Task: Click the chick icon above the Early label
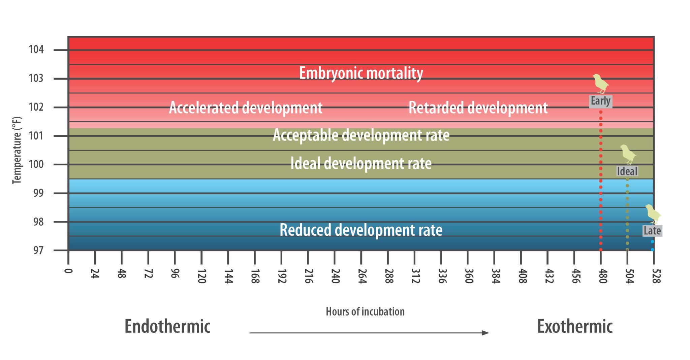click(600, 83)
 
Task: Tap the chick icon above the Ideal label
click(628, 154)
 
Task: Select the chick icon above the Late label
click(653, 214)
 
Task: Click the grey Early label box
click(600, 101)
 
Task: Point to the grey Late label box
click(652, 231)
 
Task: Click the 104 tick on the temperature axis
click(36, 50)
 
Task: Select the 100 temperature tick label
click(36, 165)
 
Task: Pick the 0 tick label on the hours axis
click(68, 271)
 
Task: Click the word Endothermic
click(167, 326)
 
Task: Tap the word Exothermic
click(575, 326)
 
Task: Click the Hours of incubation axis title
click(365, 312)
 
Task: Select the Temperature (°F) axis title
click(17, 150)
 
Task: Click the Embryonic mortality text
click(361, 73)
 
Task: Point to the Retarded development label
click(478, 108)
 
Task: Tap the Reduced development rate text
click(361, 230)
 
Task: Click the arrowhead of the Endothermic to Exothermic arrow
click(485, 333)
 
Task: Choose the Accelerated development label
click(246, 108)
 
